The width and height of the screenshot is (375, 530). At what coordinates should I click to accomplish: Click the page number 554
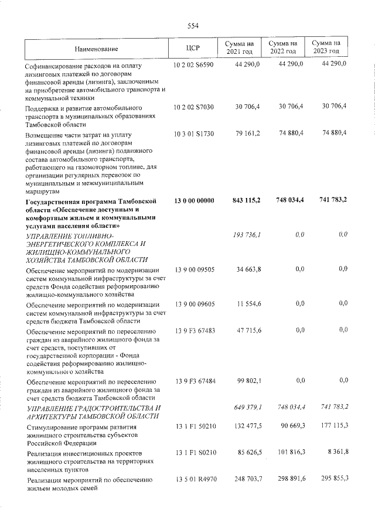click(x=193, y=25)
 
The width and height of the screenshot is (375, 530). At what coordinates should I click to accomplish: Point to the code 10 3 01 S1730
click(x=193, y=134)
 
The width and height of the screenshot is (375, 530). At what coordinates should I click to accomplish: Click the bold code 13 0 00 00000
click(x=194, y=201)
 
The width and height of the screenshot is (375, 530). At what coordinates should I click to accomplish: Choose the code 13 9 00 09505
click(x=194, y=269)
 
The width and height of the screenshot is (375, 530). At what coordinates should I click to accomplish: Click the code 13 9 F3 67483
click(x=194, y=330)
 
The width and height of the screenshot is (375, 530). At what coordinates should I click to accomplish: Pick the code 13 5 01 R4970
click(x=194, y=478)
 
